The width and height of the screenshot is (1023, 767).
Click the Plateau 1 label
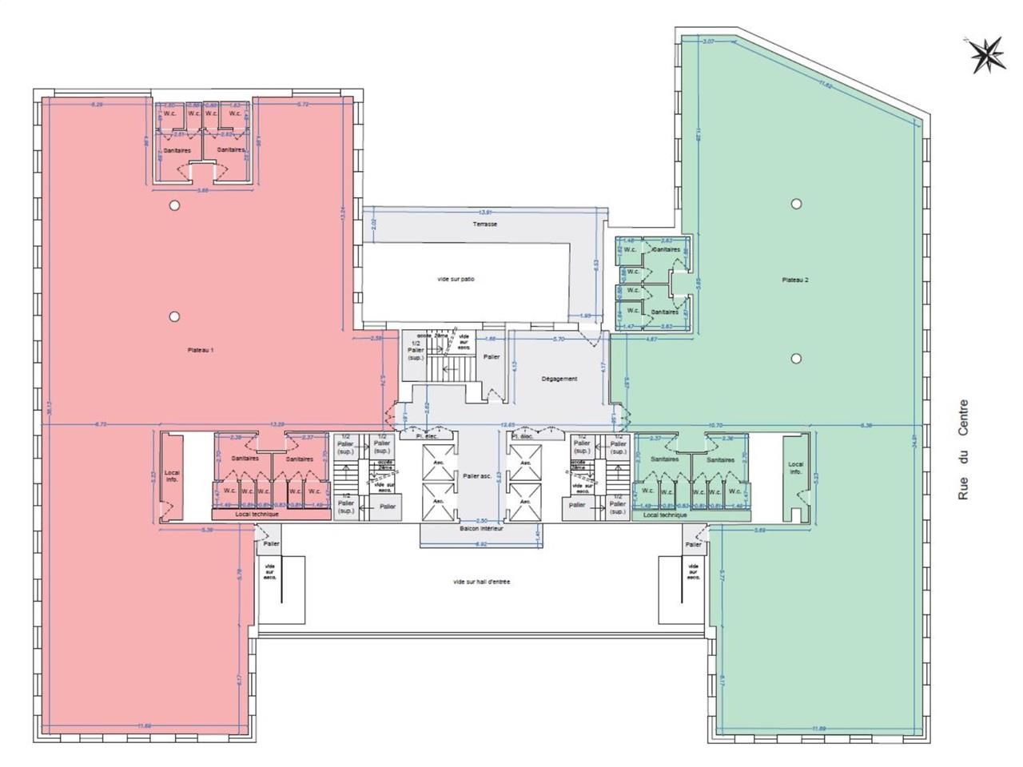pos(201,350)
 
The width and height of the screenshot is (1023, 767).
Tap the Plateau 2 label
pos(795,280)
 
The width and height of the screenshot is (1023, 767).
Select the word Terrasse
pos(484,225)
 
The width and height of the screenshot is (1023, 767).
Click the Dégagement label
pos(559,379)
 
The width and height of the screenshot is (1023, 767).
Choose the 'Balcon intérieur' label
pos(481,529)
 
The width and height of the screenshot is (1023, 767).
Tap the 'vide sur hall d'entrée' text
pos(481,582)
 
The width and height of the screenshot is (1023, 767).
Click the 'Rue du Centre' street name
pos(963,451)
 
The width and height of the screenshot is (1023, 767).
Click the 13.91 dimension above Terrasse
pos(484,213)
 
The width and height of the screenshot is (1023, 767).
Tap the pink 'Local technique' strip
pos(257,515)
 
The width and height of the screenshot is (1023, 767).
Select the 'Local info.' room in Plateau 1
pos(172,476)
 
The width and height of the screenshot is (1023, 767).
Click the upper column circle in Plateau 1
pos(174,205)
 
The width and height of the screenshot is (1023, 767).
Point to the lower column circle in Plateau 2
pos(796,358)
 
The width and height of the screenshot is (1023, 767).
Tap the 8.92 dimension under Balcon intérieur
pos(480,544)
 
